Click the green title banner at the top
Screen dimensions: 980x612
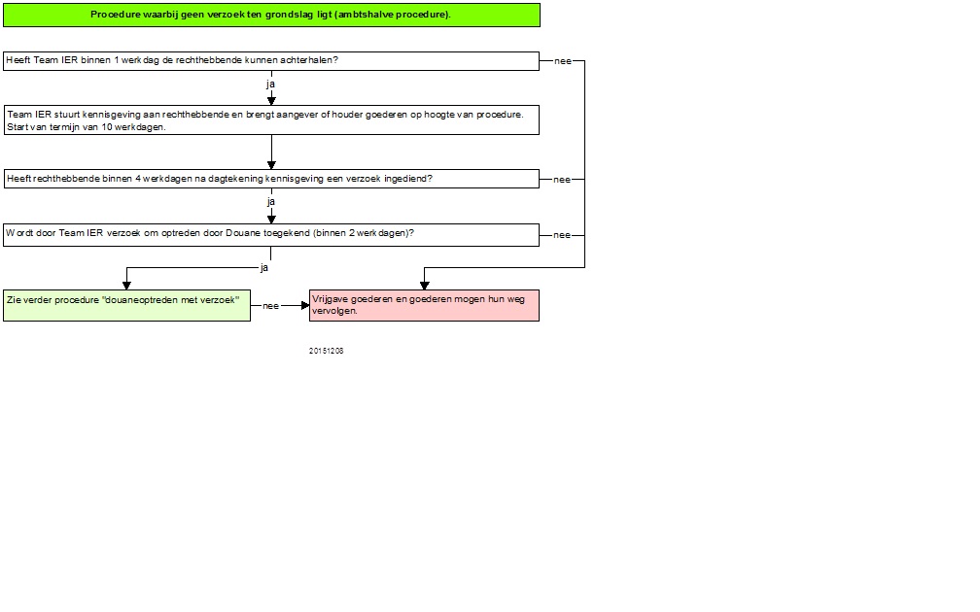[x=271, y=15]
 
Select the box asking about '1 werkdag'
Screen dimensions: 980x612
[x=271, y=61]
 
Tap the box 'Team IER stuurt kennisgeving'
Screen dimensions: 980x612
[x=271, y=119]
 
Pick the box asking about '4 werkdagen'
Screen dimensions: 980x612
[x=271, y=179]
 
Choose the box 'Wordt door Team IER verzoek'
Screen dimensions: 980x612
[x=271, y=235]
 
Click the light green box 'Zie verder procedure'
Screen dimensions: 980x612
[x=126, y=305]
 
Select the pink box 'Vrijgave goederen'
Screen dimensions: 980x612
[x=424, y=305]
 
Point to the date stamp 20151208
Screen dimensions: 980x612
[x=327, y=351]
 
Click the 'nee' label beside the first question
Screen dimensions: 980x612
[x=563, y=61]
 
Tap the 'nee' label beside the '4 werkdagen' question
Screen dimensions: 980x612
[x=562, y=179]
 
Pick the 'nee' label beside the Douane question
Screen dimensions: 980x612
[x=562, y=235]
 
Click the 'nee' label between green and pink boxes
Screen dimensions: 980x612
[x=270, y=306]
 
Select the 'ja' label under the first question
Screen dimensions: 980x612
[x=270, y=84]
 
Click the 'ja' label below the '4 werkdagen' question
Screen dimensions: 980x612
[x=270, y=202]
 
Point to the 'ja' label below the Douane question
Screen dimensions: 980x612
[x=264, y=268]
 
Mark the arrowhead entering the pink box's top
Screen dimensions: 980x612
[x=424, y=286]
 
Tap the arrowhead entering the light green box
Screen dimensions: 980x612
[x=126, y=286]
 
